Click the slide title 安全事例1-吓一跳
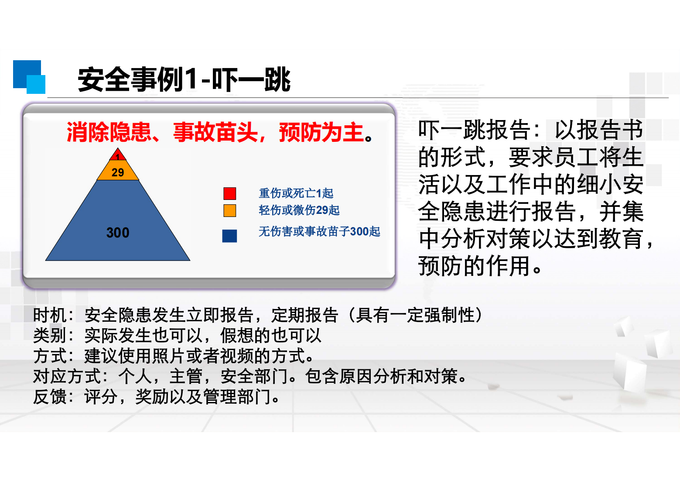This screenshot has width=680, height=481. pos(184,79)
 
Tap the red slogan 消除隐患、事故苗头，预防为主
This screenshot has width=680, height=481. pos(219,132)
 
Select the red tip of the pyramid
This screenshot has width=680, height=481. pos(118,155)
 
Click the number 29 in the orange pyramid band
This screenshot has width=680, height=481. pos(118,172)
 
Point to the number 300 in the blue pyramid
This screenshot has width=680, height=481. pos(118,233)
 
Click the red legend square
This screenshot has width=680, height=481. pos(230,193)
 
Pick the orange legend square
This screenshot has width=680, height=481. pos(230,210)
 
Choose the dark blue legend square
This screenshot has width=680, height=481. pos(229,236)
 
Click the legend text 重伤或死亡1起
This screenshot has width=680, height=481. pos(296,193)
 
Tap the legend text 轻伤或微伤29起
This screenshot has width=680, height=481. pos(299,210)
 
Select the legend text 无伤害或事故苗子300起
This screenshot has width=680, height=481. pos(319,231)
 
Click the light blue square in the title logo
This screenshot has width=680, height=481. pos(36,85)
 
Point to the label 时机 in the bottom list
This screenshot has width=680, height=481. pos(49,315)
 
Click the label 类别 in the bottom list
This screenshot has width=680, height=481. pos(49,336)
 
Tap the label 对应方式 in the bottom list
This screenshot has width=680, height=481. pos(66,376)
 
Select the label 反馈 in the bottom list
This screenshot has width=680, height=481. pos(49,396)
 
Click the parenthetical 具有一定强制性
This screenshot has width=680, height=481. pos(415,315)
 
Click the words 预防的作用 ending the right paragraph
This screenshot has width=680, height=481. pos(474,266)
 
